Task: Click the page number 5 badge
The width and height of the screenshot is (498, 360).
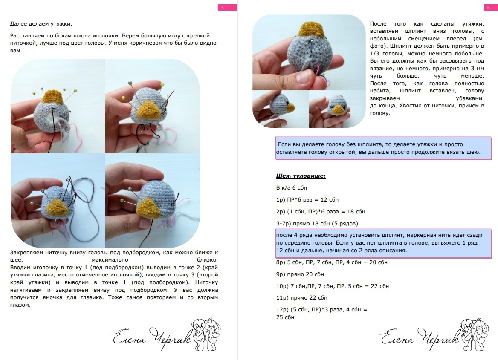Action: (227, 7)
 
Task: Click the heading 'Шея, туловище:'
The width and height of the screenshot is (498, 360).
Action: (301, 176)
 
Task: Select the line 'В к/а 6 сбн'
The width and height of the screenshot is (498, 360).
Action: (292, 187)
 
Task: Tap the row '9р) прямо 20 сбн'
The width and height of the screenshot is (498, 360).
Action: (300, 274)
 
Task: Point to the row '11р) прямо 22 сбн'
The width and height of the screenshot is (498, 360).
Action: (302, 297)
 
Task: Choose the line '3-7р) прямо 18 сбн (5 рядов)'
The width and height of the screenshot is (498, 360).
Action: (317, 224)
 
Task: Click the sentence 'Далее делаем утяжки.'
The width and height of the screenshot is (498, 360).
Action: (41, 24)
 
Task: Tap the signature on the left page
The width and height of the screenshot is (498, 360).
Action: (151, 338)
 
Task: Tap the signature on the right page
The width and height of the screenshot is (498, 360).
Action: (420, 338)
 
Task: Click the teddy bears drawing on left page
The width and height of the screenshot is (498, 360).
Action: (206, 334)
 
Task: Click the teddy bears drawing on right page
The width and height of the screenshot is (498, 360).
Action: (475, 334)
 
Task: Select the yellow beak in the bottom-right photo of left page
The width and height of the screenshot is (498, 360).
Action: (149, 208)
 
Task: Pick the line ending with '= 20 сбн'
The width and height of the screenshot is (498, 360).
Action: (332, 262)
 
